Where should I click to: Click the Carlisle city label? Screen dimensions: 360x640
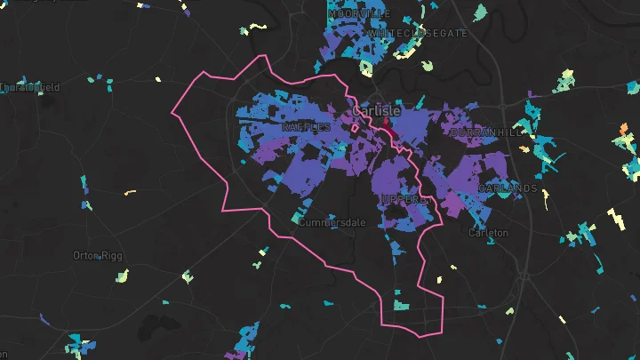[x=377, y=111]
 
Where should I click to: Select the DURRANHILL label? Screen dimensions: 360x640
[x=488, y=132]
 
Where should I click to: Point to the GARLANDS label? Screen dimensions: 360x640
[x=508, y=188]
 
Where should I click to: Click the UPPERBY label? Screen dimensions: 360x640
[x=404, y=200]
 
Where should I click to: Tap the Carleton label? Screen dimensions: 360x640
[x=488, y=233]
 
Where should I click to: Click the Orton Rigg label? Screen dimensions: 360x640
[x=98, y=256]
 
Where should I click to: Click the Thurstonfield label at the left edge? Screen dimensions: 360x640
[x=30, y=87]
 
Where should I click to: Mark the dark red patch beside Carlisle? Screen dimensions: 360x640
[x=389, y=134]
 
